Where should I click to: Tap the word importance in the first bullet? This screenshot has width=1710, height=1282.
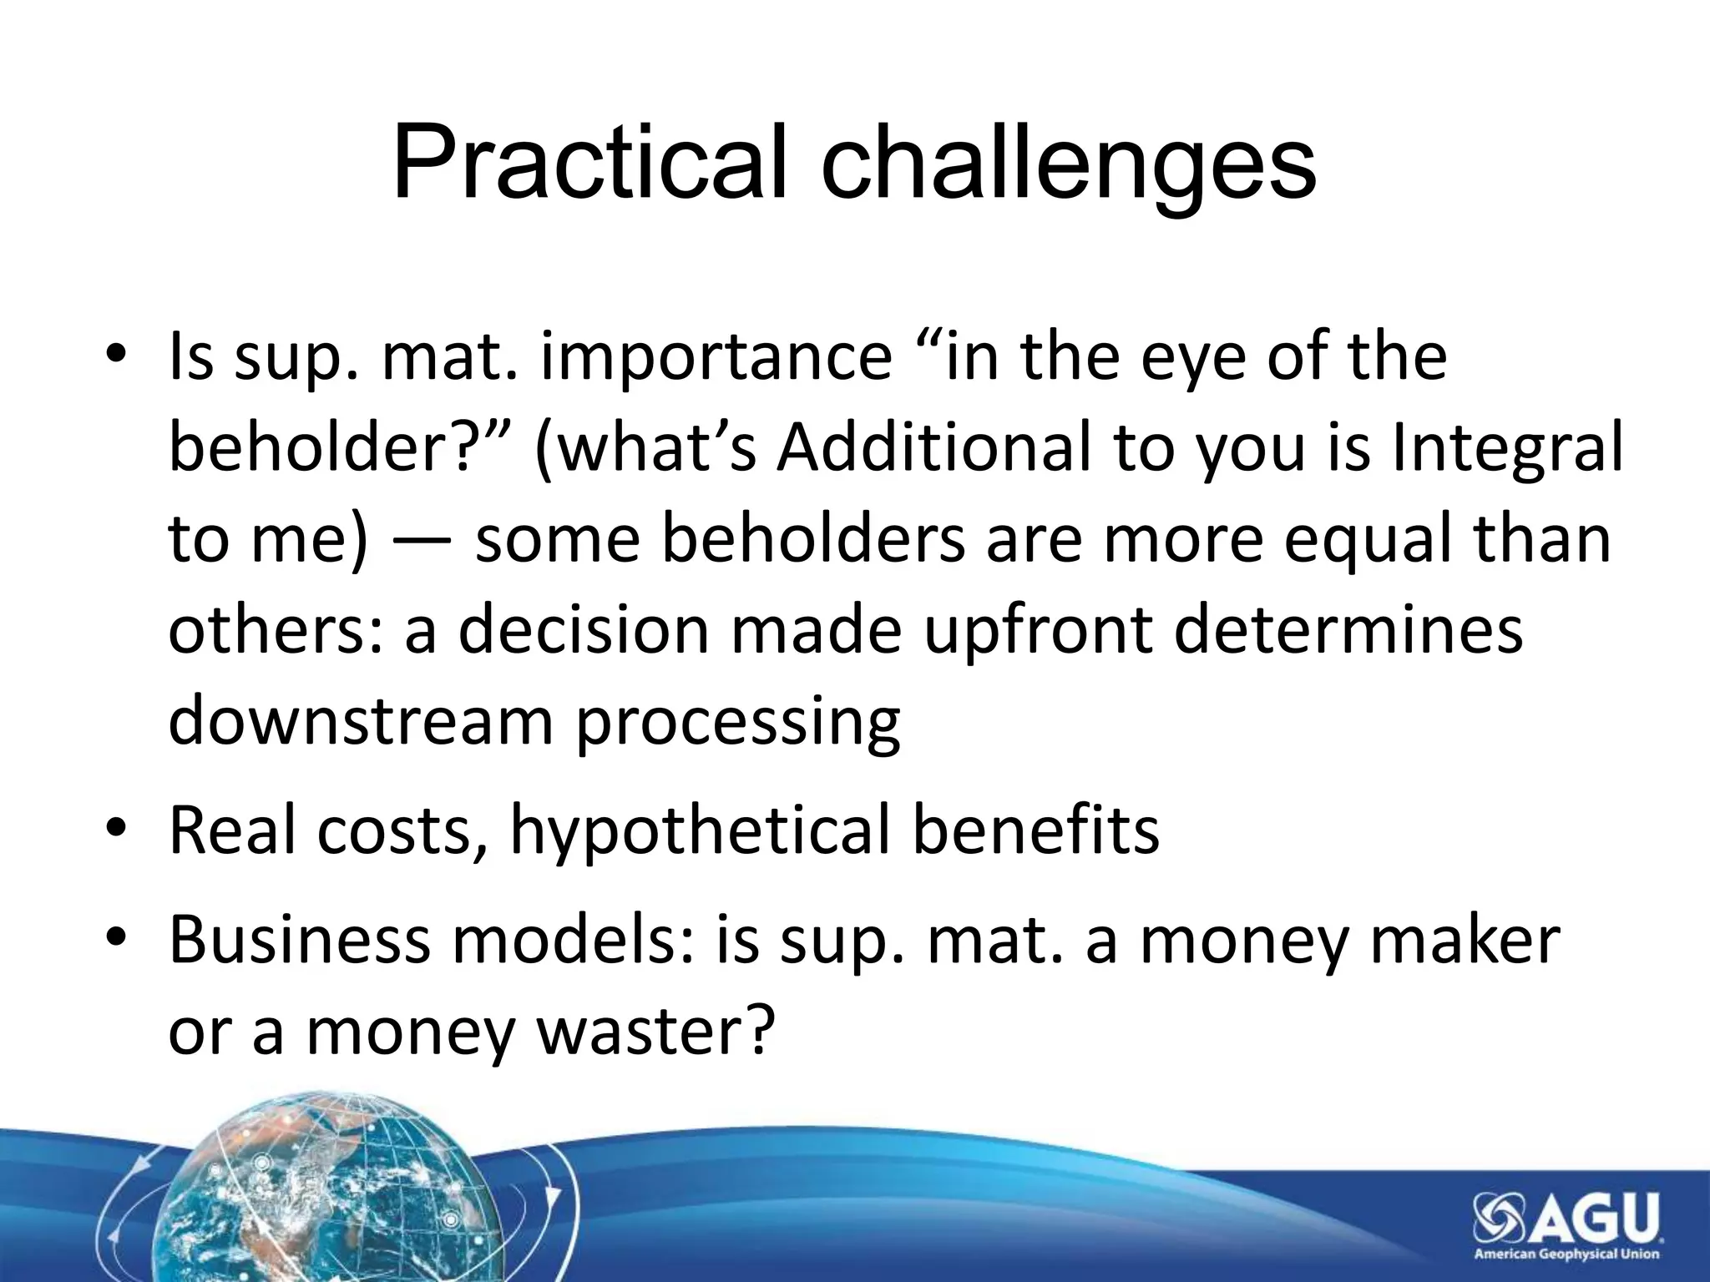click(716, 357)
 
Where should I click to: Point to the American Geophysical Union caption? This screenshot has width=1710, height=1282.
click(1566, 1254)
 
